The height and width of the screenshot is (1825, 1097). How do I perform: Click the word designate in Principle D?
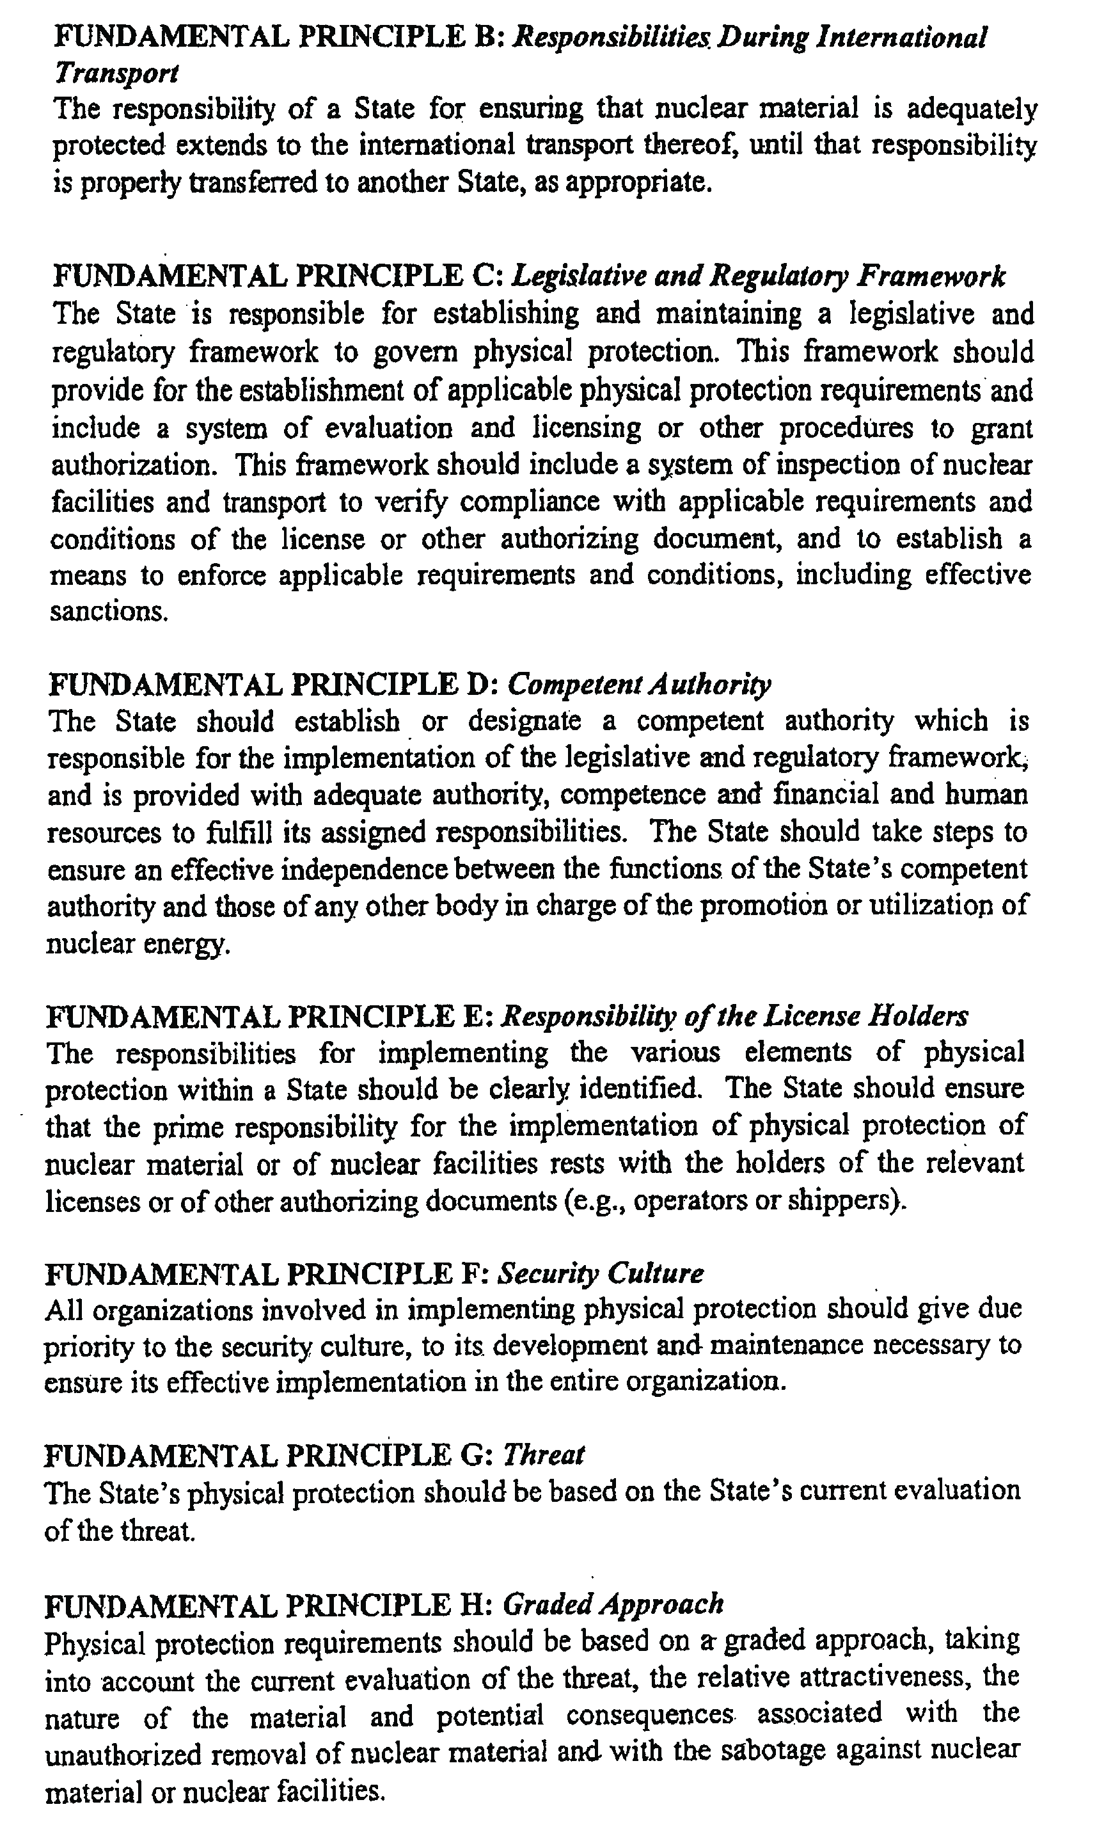point(524,721)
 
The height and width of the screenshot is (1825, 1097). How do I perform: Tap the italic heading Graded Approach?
point(612,1603)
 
